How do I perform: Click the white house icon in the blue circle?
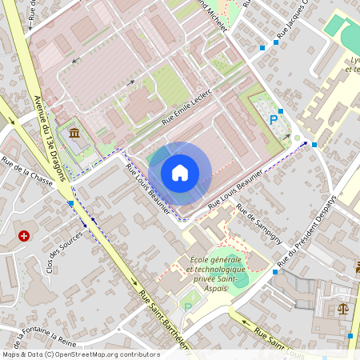tap(180, 173)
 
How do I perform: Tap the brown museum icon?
tap(74, 133)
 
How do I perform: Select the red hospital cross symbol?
tap(24, 237)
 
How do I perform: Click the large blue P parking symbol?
tap(274, 120)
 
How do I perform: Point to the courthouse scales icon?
tap(343, 308)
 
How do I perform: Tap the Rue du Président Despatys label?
tap(308, 231)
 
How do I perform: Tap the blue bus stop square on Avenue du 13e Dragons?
tap(71, 204)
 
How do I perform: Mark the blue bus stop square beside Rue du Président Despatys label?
tap(314, 145)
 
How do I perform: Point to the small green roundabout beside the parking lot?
tap(297, 138)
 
